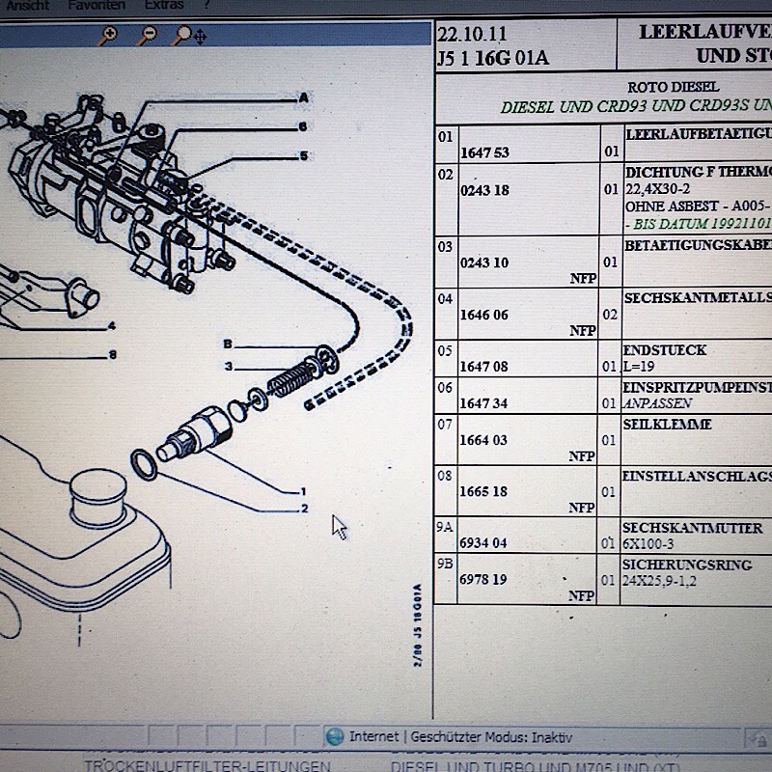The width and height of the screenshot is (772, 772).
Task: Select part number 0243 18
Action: [484, 190]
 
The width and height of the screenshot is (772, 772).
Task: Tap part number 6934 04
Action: [483, 543]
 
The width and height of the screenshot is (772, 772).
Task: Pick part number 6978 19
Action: [483, 580]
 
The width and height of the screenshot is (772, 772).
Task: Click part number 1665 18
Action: [483, 491]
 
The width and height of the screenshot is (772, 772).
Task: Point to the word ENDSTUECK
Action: [666, 350]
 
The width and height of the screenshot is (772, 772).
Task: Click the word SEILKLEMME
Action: [668, 424]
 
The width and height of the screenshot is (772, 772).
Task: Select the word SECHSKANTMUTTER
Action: [692, 528]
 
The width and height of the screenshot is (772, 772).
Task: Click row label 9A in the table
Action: [445, 527]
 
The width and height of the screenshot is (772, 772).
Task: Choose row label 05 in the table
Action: [445, 349]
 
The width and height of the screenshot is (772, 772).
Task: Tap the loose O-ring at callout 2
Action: [143, 463]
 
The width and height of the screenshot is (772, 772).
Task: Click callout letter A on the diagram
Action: [303, 97]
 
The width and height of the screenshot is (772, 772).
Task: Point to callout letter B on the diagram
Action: [228, 344]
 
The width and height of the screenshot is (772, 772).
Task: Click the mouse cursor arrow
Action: [338, 526]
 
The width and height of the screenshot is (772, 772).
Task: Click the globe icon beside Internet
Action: [335, 736]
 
